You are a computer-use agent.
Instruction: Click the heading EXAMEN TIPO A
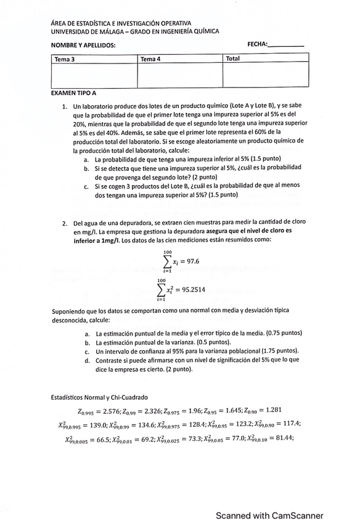(x=74, y=93)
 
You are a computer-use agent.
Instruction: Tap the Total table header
(x=233, y=59)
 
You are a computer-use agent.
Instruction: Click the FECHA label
(x=257, y=44)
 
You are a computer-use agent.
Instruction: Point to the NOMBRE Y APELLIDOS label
(x=83, y=45)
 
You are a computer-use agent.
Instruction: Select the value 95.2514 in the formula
(x=194, y=289)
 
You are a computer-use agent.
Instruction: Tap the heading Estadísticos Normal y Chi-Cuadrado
(x=100, y=397)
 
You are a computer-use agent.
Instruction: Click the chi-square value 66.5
(x=104, y=439)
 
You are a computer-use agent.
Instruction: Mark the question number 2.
(x=64, y=223)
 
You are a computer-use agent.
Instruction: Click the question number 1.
(x=64, y=106)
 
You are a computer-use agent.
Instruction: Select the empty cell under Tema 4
(x=179, y=75)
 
